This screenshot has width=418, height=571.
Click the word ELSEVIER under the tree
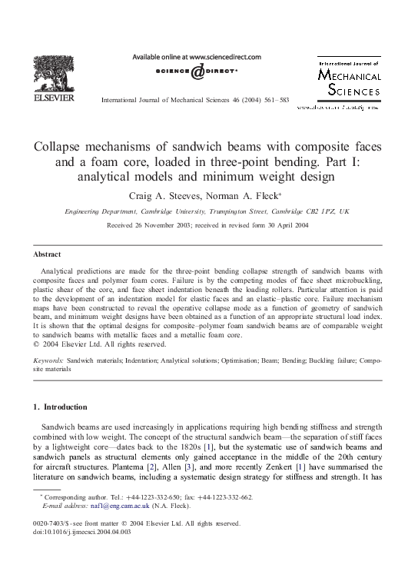[x=53, y=98]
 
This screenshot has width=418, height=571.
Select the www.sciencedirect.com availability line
[x=197, y=57]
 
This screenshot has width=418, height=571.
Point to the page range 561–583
[x=274, y=101]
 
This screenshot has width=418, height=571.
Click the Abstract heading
[x=48, y=254]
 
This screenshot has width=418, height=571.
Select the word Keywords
[x=48, y=360]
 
